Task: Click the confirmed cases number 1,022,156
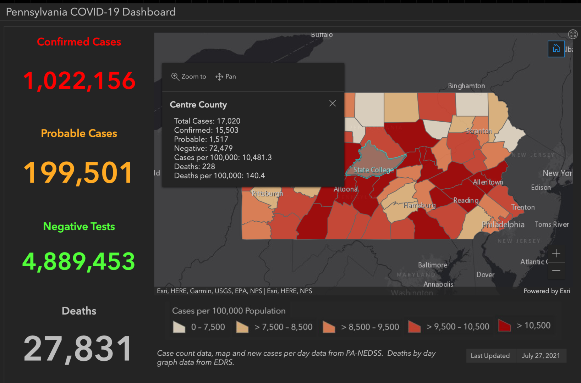79,81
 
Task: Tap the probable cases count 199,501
78,173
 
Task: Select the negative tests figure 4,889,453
79,261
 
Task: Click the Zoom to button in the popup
188,77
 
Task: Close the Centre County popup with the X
332,103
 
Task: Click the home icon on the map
556,49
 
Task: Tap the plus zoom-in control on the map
556,253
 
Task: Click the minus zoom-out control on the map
556,270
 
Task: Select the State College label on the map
373,170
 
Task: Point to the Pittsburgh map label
267,193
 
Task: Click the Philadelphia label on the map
503,224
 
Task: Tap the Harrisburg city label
419,205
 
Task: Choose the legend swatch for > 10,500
504,326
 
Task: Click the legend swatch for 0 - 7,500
179,327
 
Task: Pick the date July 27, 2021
541,356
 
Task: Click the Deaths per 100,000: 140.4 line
219,176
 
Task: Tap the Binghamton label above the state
466,86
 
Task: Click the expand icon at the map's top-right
572,34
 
